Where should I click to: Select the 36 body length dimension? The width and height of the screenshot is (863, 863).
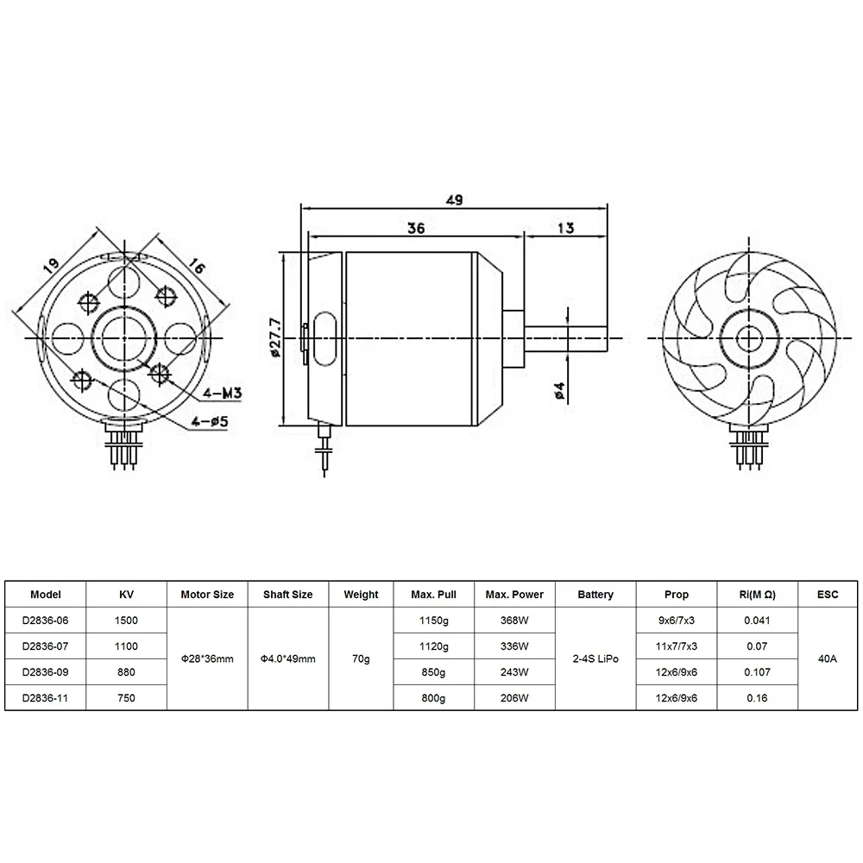416,228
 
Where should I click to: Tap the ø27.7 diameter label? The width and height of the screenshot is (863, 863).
274,336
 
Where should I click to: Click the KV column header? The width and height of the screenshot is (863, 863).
126,595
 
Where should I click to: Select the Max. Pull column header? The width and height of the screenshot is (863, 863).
434,595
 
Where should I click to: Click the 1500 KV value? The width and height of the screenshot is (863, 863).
126,620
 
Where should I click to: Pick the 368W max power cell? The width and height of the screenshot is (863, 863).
514,620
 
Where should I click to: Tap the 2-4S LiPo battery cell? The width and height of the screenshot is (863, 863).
595,658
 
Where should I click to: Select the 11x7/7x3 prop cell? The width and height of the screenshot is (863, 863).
677,646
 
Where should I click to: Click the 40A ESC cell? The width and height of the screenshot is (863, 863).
828,658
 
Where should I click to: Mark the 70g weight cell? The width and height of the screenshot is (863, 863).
361,658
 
